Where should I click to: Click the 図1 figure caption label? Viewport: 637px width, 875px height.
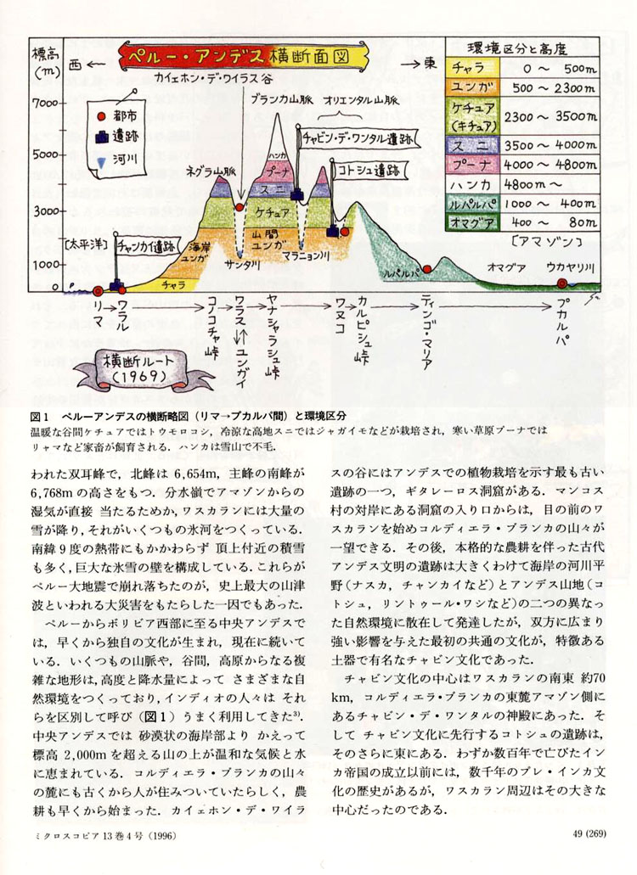point(41,416)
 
